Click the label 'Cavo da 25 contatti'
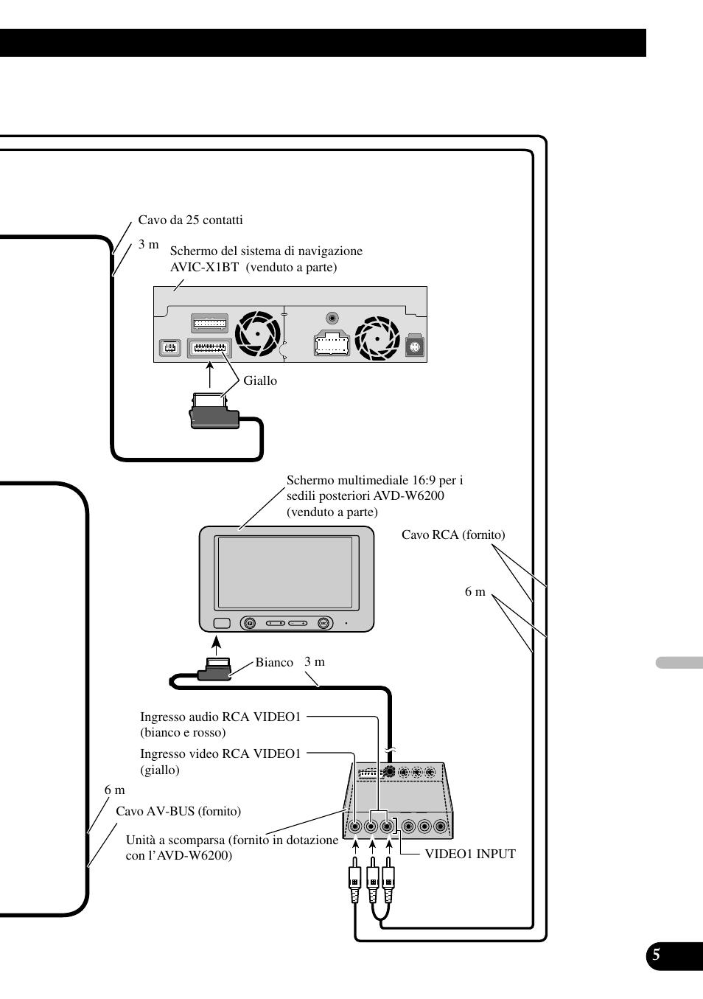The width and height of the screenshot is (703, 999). coord(190,220)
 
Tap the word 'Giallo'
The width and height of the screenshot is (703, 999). coord(260,380)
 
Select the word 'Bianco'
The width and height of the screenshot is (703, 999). coord(274,662)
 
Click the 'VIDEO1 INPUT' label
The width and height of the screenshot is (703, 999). coord(470,854)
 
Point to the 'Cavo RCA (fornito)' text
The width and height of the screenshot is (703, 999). coord(453,535)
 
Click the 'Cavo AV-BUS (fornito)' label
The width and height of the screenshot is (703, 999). coord(178,811)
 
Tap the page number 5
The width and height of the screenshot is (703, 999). coord(656,956)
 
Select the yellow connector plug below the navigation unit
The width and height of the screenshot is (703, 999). coord(214,414)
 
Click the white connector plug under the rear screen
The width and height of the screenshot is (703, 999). coord(214,669)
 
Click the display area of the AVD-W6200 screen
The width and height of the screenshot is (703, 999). coord(285,573)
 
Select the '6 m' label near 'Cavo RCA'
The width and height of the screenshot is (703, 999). coord(475,591)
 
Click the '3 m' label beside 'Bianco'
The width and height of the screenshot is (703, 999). coord(315,661)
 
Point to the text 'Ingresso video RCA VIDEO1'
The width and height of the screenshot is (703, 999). coord(220,753)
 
